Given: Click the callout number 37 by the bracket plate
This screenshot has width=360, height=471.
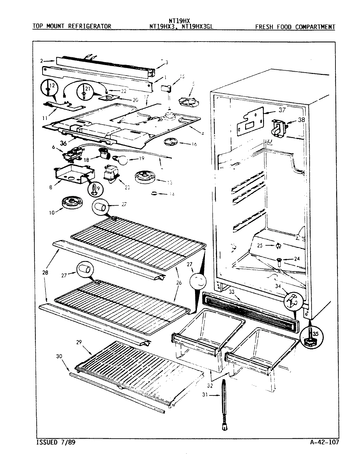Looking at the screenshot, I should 282,110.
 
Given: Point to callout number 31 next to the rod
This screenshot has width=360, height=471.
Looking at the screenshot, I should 205,395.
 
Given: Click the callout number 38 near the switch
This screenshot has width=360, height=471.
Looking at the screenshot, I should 301,120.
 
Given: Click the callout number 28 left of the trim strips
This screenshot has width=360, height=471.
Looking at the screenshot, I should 45,272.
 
